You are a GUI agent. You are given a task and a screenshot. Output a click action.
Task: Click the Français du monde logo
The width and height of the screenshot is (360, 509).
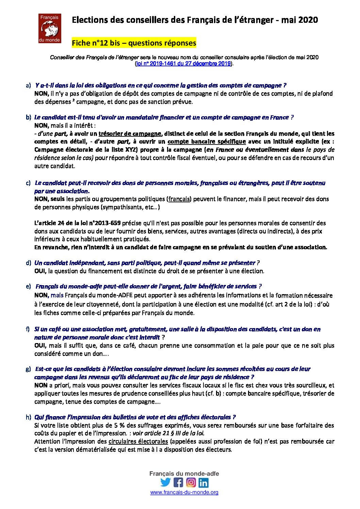50,28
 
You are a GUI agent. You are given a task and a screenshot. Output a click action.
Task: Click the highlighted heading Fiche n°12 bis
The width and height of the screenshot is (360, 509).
134,43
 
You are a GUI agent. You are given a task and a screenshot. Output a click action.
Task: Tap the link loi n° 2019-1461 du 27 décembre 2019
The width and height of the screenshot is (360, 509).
183,64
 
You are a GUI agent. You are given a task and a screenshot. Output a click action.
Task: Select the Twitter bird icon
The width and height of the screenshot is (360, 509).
165,482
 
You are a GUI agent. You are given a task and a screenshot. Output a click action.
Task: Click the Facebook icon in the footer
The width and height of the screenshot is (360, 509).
178,482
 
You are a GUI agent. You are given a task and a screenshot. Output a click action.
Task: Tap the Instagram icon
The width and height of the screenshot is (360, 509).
191,482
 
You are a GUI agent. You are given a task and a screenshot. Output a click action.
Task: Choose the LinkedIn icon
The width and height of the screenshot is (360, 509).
203,482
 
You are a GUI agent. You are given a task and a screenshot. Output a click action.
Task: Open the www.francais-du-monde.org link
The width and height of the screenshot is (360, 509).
184,492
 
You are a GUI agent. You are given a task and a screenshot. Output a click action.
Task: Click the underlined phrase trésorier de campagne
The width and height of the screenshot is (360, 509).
130,134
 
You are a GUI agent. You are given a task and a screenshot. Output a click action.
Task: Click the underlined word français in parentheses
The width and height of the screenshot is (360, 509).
179,199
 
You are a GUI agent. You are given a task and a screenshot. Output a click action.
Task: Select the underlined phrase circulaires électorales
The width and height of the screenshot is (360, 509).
138,441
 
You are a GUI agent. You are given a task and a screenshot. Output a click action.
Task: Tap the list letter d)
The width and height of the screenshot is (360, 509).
28,263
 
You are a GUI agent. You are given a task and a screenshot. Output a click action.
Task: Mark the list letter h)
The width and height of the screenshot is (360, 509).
28,417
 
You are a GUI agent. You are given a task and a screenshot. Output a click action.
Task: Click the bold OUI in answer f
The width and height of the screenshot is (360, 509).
40,345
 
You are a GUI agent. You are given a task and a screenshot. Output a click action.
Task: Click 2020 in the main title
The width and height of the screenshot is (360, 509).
308,20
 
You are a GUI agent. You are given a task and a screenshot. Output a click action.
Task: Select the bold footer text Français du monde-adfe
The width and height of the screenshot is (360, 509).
184,474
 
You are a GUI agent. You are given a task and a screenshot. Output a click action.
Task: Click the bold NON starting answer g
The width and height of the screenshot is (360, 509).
41,385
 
